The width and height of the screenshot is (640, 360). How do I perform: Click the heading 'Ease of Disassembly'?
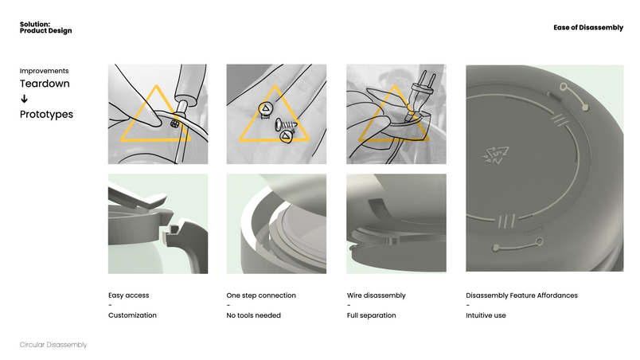pyautogui.click(x=588, y=27)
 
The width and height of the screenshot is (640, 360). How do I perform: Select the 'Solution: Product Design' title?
pyautogui.click(x=45, y=27)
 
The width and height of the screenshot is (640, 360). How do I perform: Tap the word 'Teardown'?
pyautogui.click(x=45, y=84)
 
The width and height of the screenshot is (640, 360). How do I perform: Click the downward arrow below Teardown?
pyautogui.click(x=24, y=99)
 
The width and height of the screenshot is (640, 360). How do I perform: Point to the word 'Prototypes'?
pyautogui.click(x=46, y=114)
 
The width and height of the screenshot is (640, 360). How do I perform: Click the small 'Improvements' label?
pyautogui.click(x=44, y=71)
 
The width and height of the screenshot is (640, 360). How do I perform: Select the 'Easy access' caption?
pyautogui.click(x=129, y=295)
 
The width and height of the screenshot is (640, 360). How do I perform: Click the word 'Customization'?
pyautogui.click(x=132, y=315)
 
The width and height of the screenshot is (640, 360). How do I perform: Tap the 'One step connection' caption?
pyautogui.click(x=261, y=295)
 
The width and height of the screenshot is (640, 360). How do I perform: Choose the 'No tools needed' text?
pyautogui.click(x=253, y=315)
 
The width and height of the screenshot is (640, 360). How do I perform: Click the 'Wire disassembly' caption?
pyautogui.click(x=377, y=295)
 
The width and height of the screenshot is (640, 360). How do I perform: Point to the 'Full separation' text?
pyautogui.click(x=372, y=315)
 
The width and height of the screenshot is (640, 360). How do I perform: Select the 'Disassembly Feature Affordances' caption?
pyautogui.click(x=521, y=295)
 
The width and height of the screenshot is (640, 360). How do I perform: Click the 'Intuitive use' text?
pyautogui.click(x=486, y=315)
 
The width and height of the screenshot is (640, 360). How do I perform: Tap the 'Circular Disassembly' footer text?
pyautogui.click(x=53, y=345)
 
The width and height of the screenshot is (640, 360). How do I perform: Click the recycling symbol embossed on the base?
pyautogui.click(x=495, y=155)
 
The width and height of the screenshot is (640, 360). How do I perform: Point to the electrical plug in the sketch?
pyautogui.click(x=420, y=95)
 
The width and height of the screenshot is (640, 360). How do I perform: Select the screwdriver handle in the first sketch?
pyautogui.click(x=190, y=83)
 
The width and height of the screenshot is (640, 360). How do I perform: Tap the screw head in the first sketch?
pyautogui.click(x=174, y=123)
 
